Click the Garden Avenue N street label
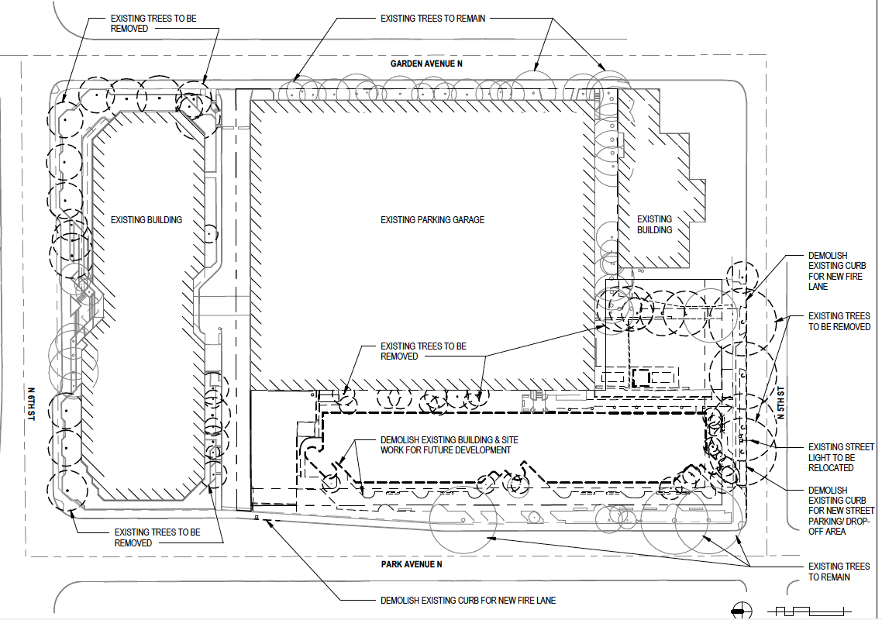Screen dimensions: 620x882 (426, 64)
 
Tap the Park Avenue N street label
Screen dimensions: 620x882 (412, 564)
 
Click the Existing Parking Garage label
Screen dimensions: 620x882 (432, 220)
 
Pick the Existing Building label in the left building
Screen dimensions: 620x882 (146, 220)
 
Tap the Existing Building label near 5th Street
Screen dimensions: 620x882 (655, 225)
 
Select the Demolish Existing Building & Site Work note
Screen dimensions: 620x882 (450, 445)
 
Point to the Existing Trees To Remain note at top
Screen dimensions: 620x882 (433, 18)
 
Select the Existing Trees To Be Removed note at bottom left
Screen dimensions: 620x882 (157, 538)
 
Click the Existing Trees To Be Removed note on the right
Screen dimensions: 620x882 (839, 322)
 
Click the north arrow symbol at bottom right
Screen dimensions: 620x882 (742, 610)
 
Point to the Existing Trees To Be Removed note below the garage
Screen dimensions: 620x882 (423, 351)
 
